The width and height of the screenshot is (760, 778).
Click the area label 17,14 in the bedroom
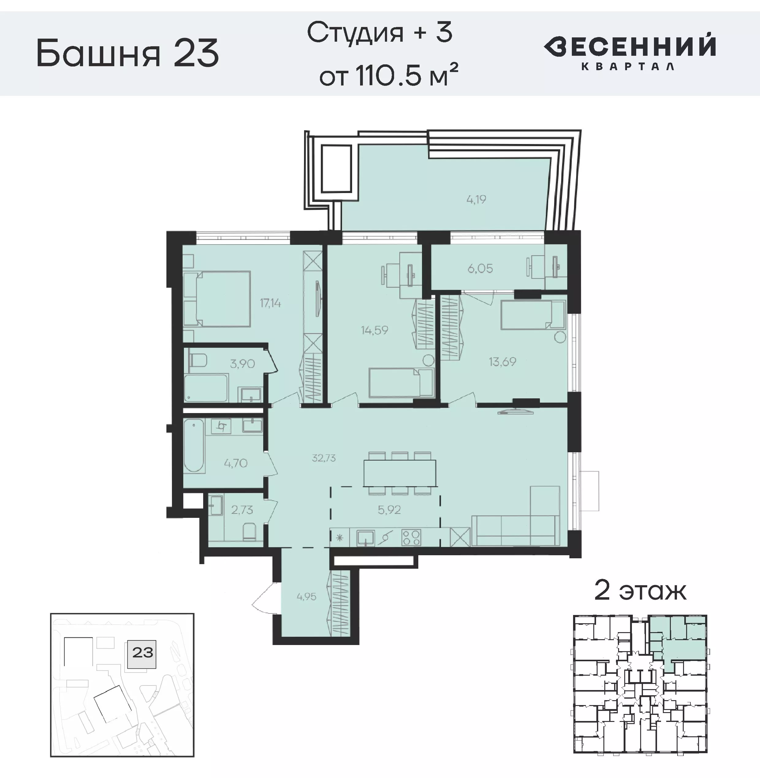[270, 303]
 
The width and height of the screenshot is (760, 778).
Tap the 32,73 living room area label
[323, 458]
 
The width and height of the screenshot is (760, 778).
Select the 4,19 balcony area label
[476, 199]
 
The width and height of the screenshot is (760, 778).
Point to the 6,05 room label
[480, 269]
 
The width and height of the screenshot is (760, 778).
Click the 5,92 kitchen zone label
[389, 510]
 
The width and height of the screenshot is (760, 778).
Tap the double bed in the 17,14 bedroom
[218, 298]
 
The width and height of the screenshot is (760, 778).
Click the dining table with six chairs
[400, 473]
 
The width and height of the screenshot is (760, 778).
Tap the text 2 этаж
[640, 591]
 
